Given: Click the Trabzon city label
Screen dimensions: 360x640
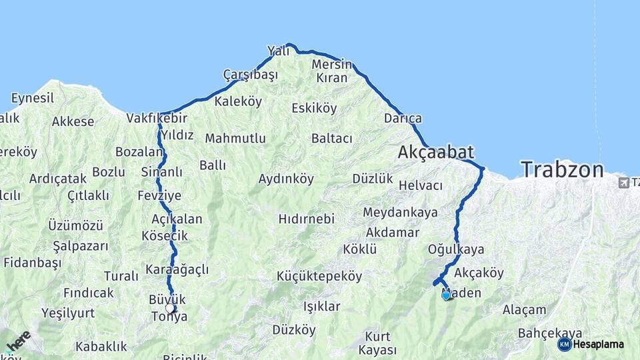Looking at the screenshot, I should click(562, 169).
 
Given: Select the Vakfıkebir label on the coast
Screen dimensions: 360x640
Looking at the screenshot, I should click(157, 118).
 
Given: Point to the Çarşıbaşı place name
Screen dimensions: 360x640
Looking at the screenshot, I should click(250, 75).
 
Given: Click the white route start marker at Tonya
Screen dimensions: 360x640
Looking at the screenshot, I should click(170, 308).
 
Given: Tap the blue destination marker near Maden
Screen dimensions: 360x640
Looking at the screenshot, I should click(446, 295).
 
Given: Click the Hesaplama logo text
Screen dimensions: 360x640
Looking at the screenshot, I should click(599, 344).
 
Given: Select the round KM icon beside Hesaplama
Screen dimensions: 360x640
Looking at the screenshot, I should click(564, 344).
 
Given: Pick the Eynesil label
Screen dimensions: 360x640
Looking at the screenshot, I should click(33, 98).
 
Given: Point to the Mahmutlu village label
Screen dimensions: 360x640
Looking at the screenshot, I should click(235, 139).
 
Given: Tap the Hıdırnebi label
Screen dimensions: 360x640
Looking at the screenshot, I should click(306, 219).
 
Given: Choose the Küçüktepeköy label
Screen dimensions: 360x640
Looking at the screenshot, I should click(319, 276).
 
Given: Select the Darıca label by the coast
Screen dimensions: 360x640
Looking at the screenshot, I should click(403, 119).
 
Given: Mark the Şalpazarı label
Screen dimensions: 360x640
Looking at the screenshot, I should click(80, 246).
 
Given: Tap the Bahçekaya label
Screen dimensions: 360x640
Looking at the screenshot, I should click(551, 333).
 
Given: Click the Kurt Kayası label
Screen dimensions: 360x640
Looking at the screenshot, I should click(377, 343).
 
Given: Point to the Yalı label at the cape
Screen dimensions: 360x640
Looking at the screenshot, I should click(278, 51).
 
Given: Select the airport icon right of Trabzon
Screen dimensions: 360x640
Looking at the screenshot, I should click(624, 182).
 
